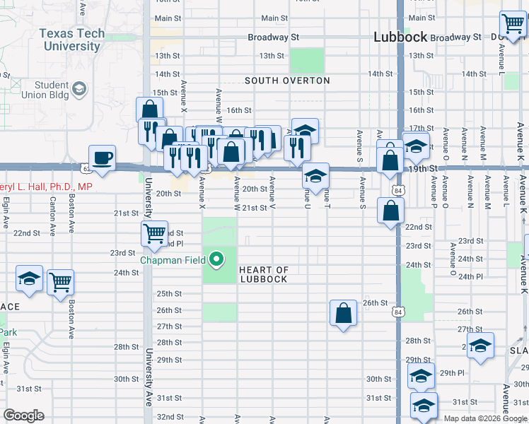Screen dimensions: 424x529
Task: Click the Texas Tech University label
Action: [71, 40]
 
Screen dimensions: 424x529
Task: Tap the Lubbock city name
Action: [400, 37]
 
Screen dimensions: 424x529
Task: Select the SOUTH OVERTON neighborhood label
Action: [287, 81]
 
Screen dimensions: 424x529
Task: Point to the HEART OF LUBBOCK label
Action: [263, 274]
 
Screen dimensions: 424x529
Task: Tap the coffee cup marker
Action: [103, 158]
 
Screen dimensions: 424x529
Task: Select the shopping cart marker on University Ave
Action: [154, 232]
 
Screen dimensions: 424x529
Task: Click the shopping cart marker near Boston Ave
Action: [61, 281]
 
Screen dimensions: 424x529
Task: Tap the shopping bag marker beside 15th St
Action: [149, 110]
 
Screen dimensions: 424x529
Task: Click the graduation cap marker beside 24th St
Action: [29, 280]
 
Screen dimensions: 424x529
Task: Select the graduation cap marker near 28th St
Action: [480, 347]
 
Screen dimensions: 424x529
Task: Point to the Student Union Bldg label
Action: [51, 90]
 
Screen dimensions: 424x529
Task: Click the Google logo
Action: [23, 416]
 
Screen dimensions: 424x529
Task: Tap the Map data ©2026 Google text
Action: [484, 418]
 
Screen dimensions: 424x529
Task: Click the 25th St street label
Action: [169, 294]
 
